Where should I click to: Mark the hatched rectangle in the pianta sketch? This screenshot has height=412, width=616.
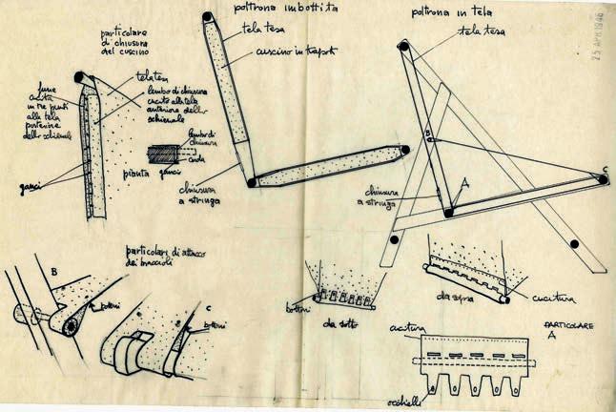(x=164, y=152)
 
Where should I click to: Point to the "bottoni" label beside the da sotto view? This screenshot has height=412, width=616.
(x=298, y=306)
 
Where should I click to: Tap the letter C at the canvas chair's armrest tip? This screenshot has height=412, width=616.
(x=604, y=175)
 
